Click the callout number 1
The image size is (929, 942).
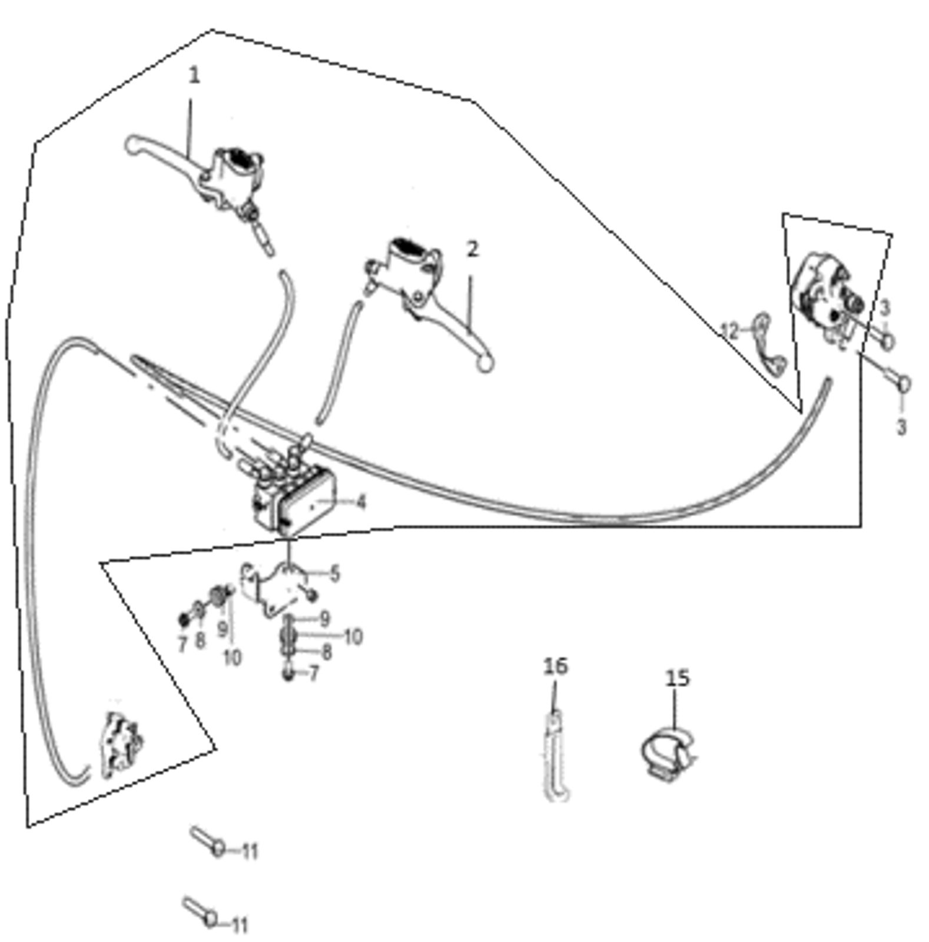194,75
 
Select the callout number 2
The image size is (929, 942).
472,250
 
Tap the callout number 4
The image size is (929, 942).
360,502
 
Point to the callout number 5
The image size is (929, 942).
334,573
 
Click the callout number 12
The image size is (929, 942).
729,331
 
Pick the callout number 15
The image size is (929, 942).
677,678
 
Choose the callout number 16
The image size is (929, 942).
556,666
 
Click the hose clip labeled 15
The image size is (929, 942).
668,755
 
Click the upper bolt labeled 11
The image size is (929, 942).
208,841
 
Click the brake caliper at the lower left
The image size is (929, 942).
122,745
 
